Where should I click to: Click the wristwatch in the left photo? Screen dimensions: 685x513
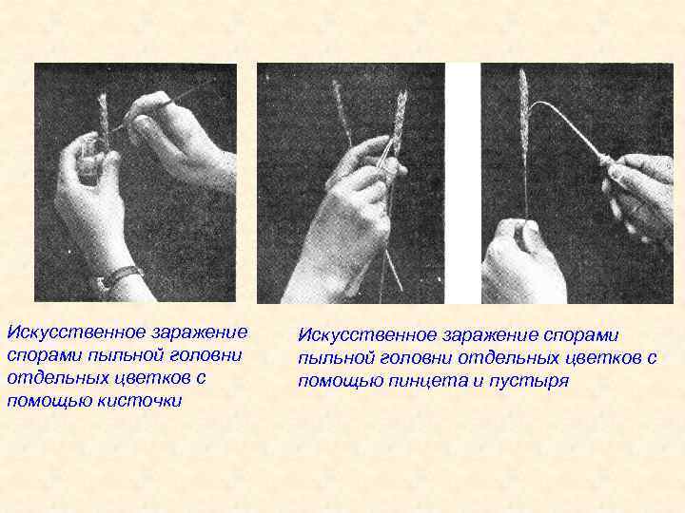117,277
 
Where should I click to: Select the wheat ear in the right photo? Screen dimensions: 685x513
523,114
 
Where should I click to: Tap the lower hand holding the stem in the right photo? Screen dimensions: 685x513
522,262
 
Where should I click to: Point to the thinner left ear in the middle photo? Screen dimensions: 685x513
342,111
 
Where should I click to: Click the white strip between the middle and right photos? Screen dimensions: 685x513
463,183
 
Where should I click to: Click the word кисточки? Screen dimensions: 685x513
139,401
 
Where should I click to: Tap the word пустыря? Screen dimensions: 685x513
529,381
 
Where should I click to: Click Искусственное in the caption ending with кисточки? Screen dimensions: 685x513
76,332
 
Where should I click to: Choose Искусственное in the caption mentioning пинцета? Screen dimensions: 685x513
367,335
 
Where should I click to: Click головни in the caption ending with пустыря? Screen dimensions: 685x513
417,358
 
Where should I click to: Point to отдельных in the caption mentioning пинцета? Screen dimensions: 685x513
509,358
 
